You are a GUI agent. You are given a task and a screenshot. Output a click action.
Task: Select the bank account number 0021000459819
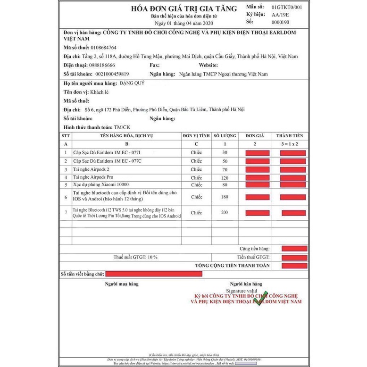(x=106, y=74)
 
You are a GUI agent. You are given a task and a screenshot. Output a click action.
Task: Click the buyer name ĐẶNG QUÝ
(x=133, y=83)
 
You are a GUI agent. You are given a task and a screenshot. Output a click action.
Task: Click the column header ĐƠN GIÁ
(x=257, y=136)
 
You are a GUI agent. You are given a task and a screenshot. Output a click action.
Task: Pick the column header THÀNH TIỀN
(x=293, y=136)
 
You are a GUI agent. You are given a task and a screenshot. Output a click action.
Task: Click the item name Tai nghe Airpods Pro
(x=93, y=177)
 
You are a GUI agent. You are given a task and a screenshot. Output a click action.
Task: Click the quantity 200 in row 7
(x=225, y=213)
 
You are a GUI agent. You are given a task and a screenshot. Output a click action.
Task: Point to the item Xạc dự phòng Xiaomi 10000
(x=98, y=184)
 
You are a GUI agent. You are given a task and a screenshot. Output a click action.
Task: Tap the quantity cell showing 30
(x=225, y=153)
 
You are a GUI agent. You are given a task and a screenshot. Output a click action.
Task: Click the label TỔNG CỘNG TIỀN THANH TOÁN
(x=233, y=266)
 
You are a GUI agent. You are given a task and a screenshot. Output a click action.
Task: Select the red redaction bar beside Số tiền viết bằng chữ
(x=154, y=274)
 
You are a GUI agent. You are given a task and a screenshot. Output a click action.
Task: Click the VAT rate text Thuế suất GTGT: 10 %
(x=135, y=257)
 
